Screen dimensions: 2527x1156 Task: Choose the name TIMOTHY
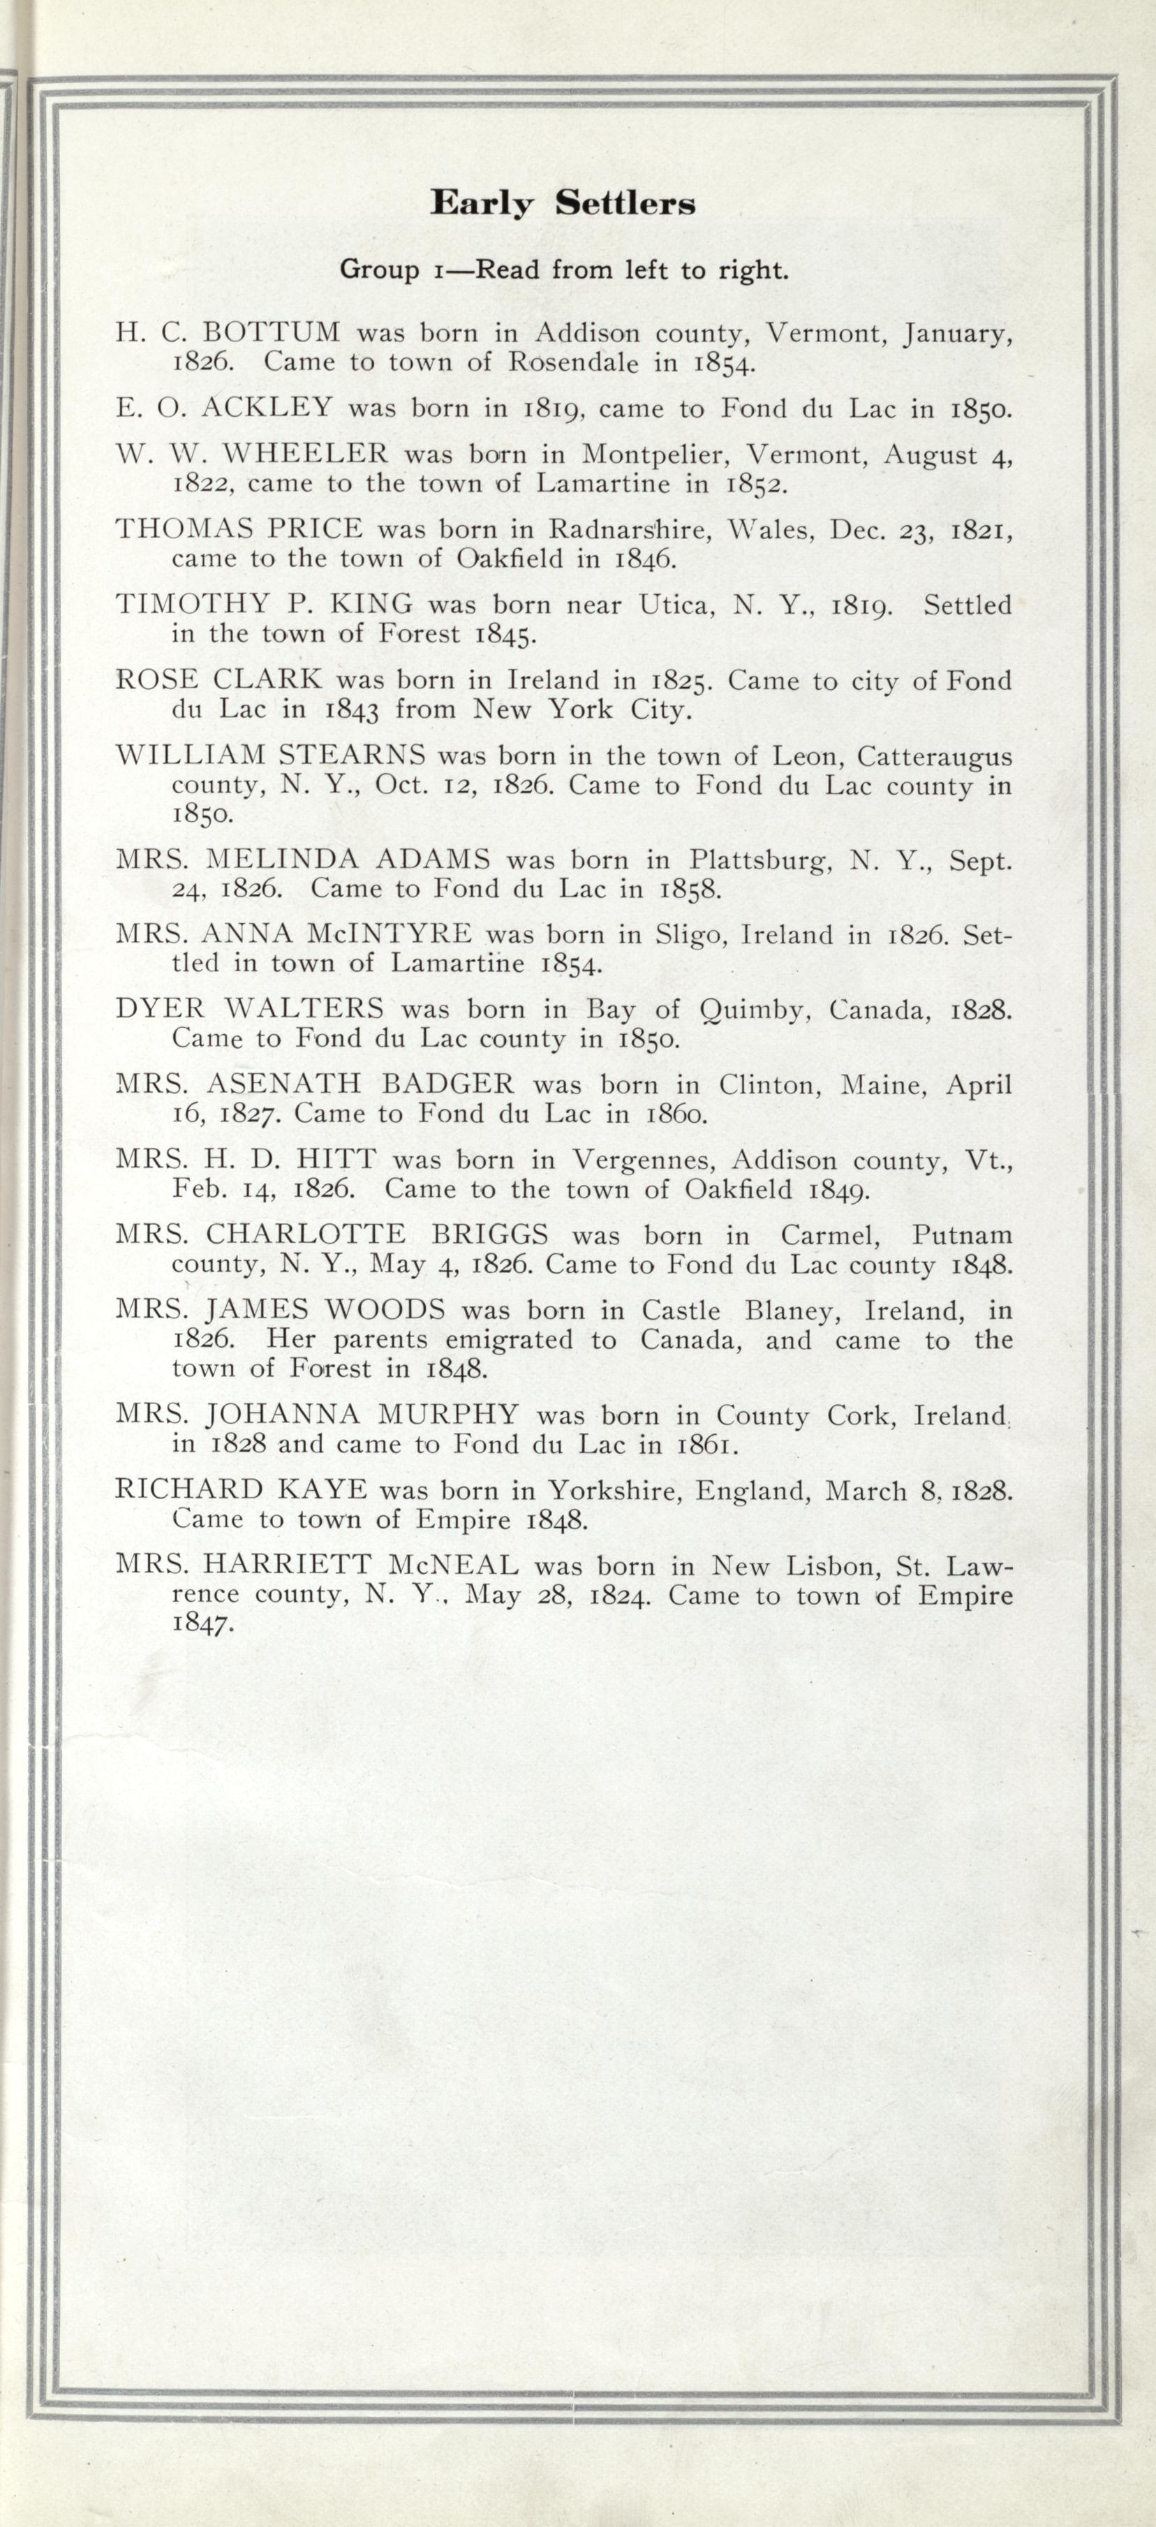pos(192,604)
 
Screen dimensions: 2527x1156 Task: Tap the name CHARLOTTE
pos(306,1234)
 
